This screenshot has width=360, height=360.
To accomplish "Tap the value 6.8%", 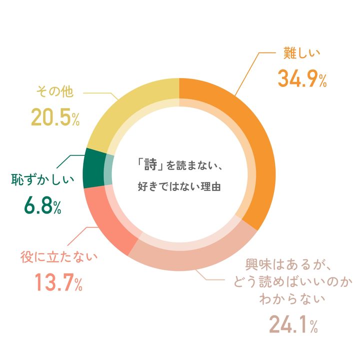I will click(42, 206).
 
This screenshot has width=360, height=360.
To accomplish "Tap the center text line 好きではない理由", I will click(178, 187).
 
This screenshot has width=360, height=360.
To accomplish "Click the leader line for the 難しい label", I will click(250, 70).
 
